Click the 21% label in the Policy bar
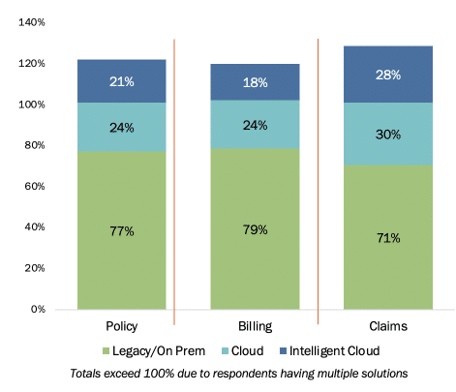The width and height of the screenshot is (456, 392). tap(122, 82)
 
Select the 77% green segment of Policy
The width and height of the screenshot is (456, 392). tap(122, 231)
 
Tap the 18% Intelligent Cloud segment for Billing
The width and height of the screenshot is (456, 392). tap(255, 82)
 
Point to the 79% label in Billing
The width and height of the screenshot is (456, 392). tap(255, 230)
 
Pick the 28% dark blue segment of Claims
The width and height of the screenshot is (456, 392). tap(388, 74)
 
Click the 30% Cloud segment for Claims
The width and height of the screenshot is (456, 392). tap(388, 134)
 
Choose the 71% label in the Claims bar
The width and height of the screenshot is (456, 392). tap(388, 238)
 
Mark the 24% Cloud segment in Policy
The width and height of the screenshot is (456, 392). tap(122, 127)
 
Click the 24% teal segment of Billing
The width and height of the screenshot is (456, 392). tap(255, 124)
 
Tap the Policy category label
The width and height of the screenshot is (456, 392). tap(122, 326)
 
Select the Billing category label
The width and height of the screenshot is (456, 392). tap(255, 326)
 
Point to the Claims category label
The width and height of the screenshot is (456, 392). tap(388, 326)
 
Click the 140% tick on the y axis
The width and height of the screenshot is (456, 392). tap(32, 22)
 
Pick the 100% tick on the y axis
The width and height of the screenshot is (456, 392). tap(32, 105)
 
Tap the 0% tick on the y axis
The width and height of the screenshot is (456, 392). tap(38, 309)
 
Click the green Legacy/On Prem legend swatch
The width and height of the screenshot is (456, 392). tap(106, 351)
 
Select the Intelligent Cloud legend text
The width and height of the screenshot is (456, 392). tap(334, 351)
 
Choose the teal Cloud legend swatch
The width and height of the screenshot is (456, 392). tap(225, 351)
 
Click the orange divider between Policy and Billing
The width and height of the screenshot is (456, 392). tap(174, 182)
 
